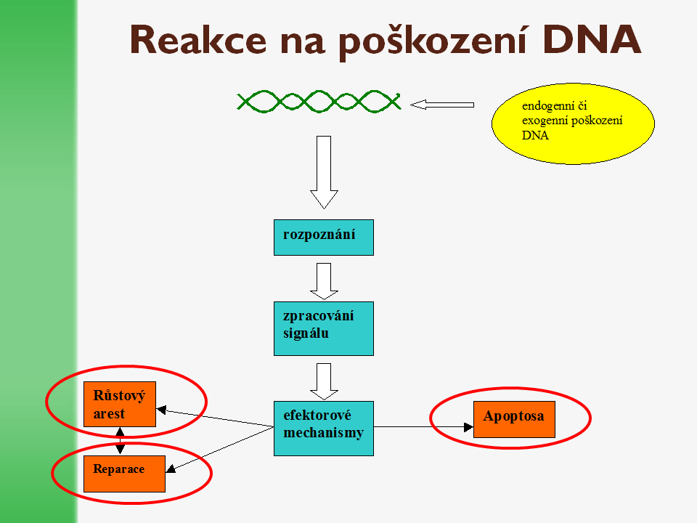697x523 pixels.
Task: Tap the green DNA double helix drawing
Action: coord(319,101)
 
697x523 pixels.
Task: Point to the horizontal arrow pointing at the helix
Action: coord(441,105)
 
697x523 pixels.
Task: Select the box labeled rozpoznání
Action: coord(323,238)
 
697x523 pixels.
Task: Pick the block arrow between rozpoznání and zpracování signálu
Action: coord(324,280)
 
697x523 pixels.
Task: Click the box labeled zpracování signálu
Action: coord(323,328)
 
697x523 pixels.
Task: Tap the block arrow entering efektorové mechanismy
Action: coord(324,381)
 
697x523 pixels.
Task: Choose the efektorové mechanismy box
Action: coord(323,428)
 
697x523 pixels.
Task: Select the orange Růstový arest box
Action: coord(120,404)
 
